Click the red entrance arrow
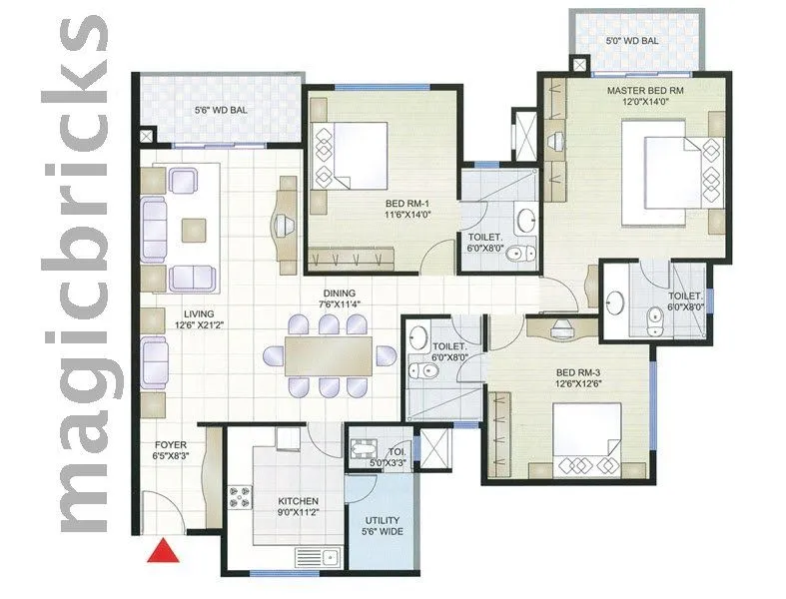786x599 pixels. tap(162, 550)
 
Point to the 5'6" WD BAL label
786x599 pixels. tap(221, 111)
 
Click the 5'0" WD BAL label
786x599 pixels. tap(632, 41)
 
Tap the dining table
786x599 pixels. tap(327, 354)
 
